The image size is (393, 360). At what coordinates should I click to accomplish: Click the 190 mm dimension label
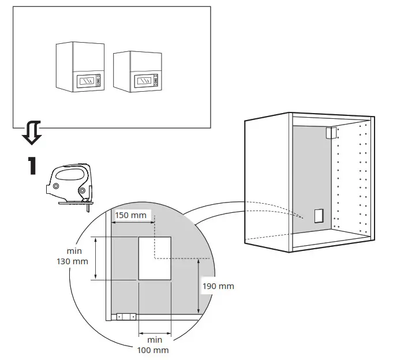218,286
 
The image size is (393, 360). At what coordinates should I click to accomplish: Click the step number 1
32,166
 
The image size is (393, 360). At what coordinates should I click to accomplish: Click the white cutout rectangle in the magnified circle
155,258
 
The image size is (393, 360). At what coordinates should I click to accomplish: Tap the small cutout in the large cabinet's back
317,215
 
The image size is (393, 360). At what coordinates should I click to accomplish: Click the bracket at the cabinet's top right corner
330,133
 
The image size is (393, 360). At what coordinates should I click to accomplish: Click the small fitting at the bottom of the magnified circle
125,316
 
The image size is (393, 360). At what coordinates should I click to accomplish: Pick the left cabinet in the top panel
80,66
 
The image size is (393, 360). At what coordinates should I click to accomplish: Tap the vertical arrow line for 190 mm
199,286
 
